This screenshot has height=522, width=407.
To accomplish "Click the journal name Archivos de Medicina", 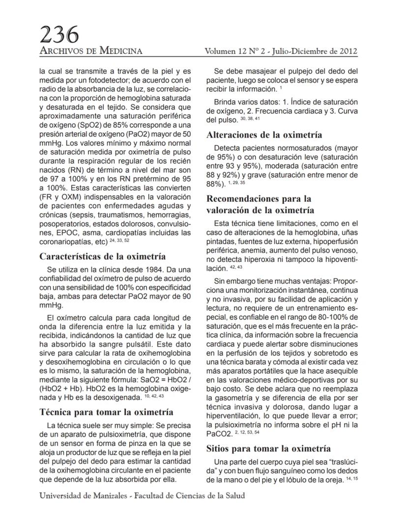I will point(91,51).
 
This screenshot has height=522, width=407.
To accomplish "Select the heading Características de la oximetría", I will point(102,256).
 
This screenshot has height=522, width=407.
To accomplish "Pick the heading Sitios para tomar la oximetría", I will point(268,448).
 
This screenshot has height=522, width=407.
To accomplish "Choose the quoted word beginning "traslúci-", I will point(338,462).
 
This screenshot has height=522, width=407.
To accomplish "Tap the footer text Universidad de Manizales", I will point(82,495).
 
